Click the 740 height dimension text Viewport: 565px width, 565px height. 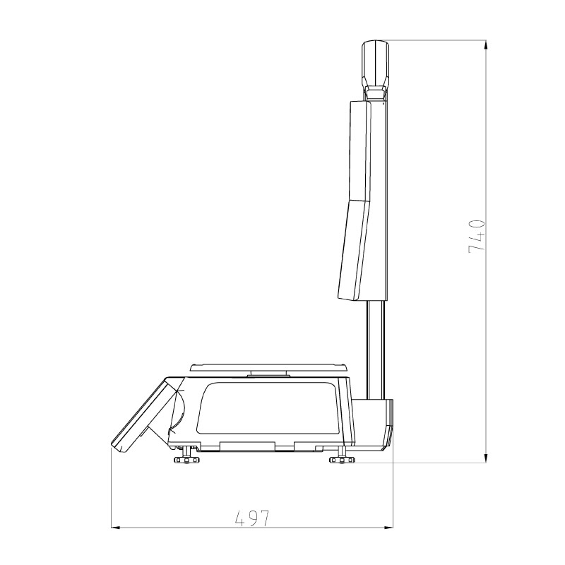[477, 237]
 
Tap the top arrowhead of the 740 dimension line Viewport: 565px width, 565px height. [487, 44]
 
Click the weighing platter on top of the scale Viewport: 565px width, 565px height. [268, 367]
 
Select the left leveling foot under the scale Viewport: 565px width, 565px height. [186, 460]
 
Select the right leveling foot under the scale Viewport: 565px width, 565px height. [343, 460]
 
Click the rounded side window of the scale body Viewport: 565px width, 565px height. [268, 408]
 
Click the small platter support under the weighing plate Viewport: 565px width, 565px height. [268, 374]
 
